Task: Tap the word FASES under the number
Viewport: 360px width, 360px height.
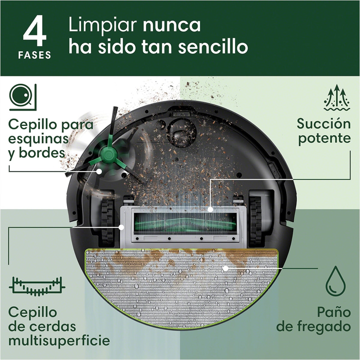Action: coord(34,55)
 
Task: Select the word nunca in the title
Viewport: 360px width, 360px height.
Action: coord(172,25)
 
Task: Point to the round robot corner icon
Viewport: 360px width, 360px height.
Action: coord(23,97)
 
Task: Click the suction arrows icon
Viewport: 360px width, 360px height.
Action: coord(337,97)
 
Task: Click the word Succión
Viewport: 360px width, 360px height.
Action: coord(323,124)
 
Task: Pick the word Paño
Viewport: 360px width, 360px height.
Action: coord(334,312)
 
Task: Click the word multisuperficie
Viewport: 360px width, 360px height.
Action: coord(59,341)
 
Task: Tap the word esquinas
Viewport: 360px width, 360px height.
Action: coord(38,139)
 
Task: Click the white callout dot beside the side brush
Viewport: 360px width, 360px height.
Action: coord(99,171)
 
